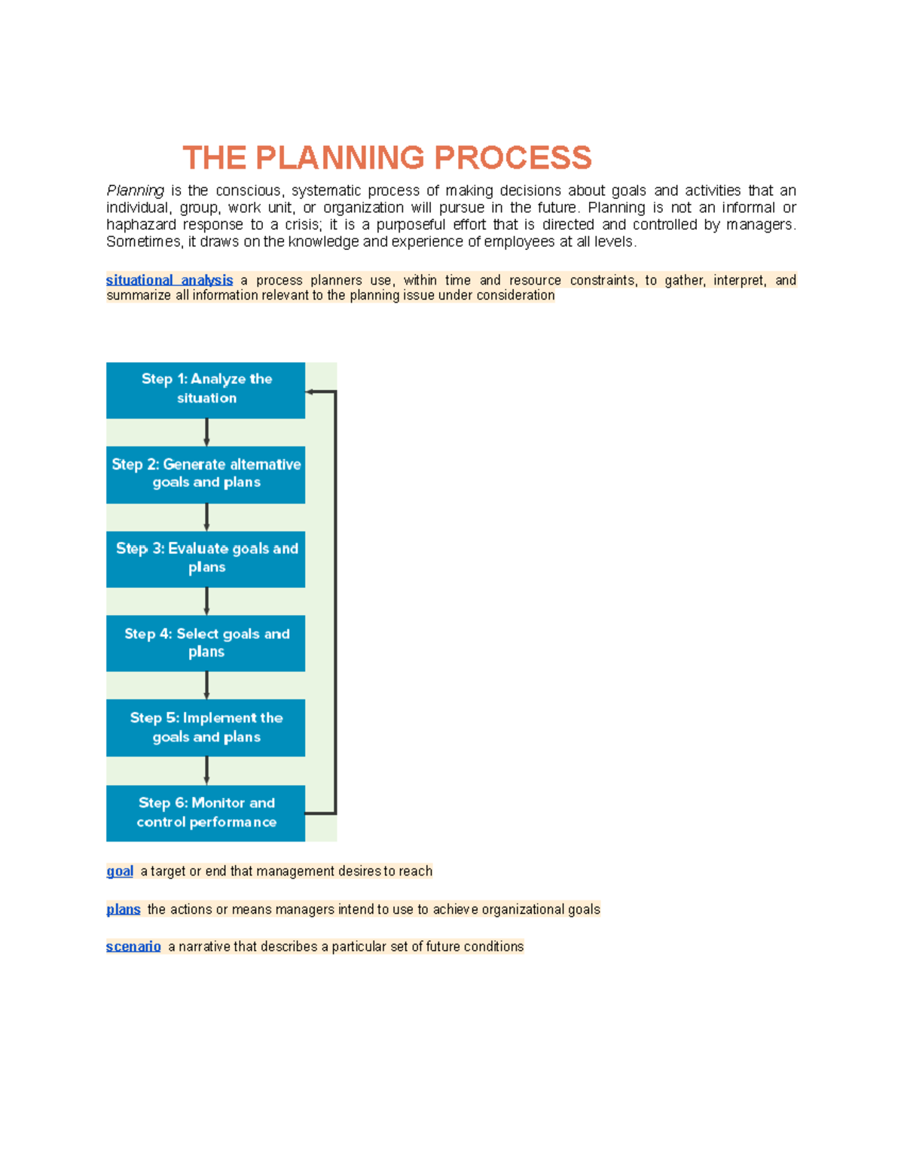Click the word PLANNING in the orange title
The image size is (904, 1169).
click(340, 158)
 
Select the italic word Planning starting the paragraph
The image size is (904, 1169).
click(135, 190)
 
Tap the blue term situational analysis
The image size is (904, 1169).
click(169, 280)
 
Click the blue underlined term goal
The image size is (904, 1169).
click(120, 871)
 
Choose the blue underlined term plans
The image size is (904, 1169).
click(124, 909)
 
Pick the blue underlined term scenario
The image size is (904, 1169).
click(133, 946)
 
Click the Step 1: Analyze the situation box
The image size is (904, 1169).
click(206, 390)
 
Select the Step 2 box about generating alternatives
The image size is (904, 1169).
click(206, 474)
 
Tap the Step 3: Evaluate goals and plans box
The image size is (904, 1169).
click(206, 559)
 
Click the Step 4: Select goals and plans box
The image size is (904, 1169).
click(206, 643)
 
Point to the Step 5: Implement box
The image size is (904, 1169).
click(206, 727)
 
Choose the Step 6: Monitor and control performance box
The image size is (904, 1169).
click(206, 813)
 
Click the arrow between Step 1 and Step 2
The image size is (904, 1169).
click(206, 433)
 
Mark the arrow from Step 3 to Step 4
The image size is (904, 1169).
click(206, 601)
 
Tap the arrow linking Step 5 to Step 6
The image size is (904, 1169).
click(206, 771)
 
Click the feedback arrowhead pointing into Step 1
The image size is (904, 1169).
click(310, 391)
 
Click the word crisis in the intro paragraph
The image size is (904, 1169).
click(301, 224)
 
